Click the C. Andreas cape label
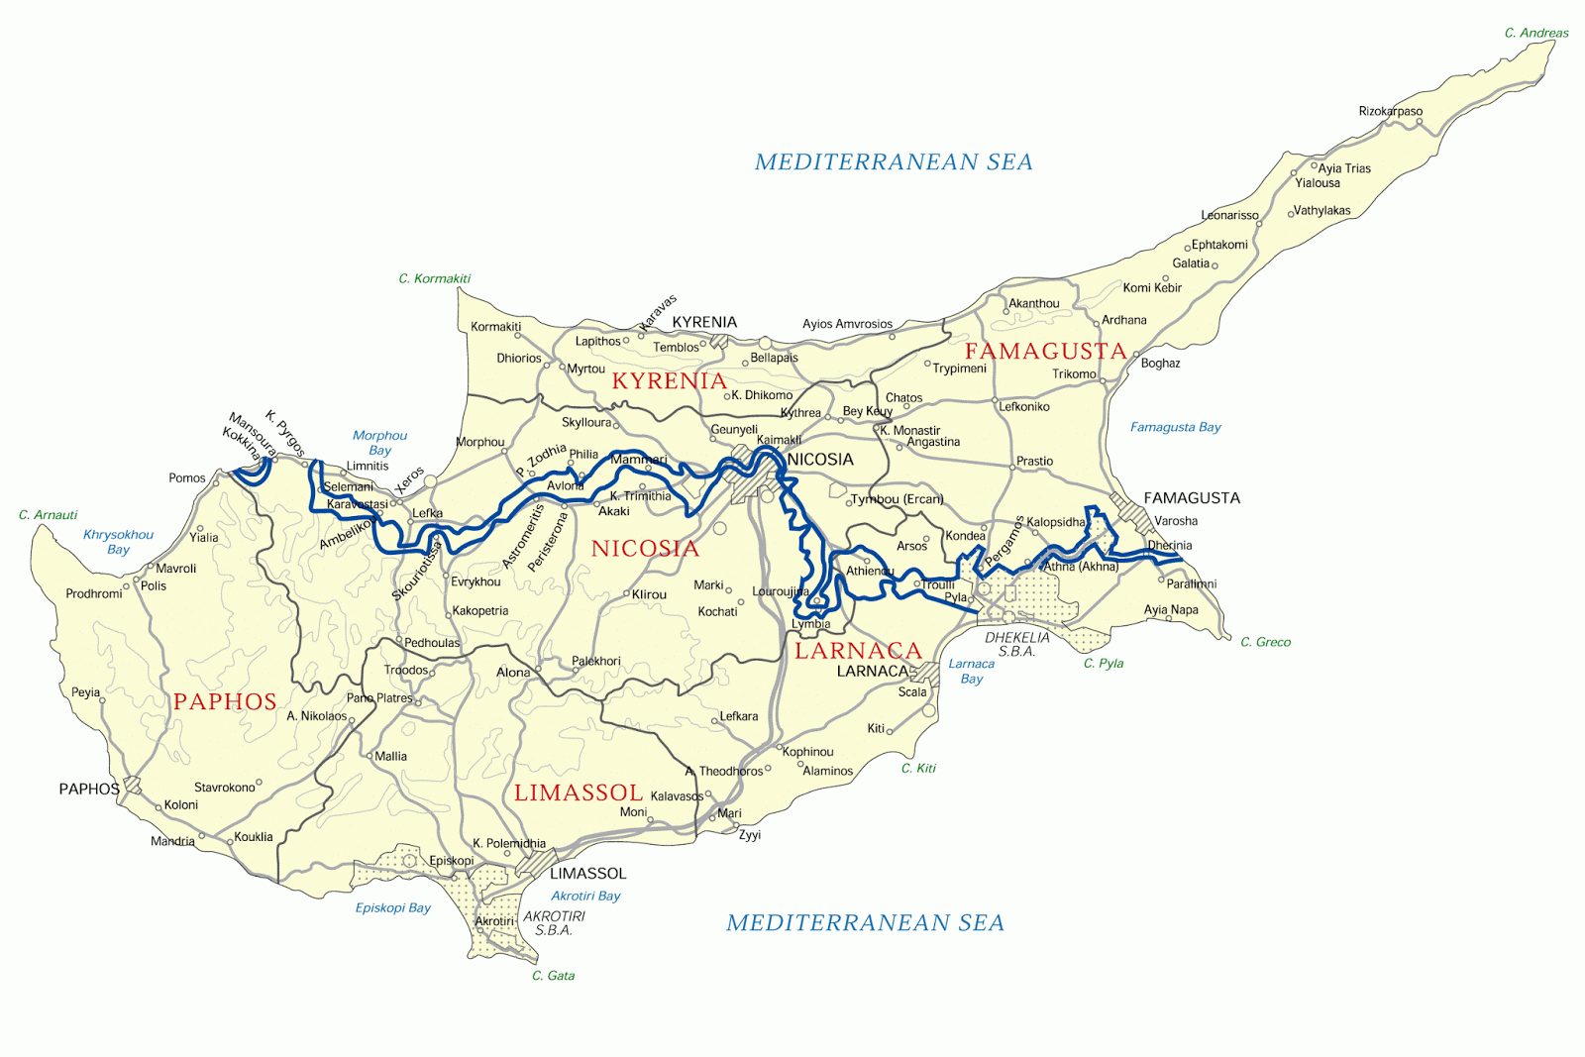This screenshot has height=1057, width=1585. (1535, 33)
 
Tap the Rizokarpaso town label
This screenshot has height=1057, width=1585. (1390, 111)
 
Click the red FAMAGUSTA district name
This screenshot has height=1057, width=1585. (1045, 351)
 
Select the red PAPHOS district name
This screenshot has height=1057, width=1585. (225, 701)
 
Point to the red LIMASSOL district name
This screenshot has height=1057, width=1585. (579, 793)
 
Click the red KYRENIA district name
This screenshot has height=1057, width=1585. (669, 380)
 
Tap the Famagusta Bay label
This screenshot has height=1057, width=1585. (1175, 427)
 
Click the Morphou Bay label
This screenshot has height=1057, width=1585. (379, 443)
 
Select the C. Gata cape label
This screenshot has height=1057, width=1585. (553, 976)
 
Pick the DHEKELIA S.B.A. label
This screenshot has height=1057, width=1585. (1016, 645)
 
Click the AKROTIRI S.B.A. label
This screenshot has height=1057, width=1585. (554, 923)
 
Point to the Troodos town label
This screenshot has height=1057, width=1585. (405, 671)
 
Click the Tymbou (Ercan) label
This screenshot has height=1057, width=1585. (897, 499)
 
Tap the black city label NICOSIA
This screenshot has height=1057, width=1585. (819, 460)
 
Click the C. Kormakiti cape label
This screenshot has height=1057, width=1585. (434, 278)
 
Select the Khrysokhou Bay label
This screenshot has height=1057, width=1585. (118, 542)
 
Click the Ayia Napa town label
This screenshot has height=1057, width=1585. (1170, 610)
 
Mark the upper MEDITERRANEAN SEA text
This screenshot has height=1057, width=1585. (893, 162)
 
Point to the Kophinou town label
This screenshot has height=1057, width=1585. (807, 752)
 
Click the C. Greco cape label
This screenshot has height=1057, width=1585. (1265, 642)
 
